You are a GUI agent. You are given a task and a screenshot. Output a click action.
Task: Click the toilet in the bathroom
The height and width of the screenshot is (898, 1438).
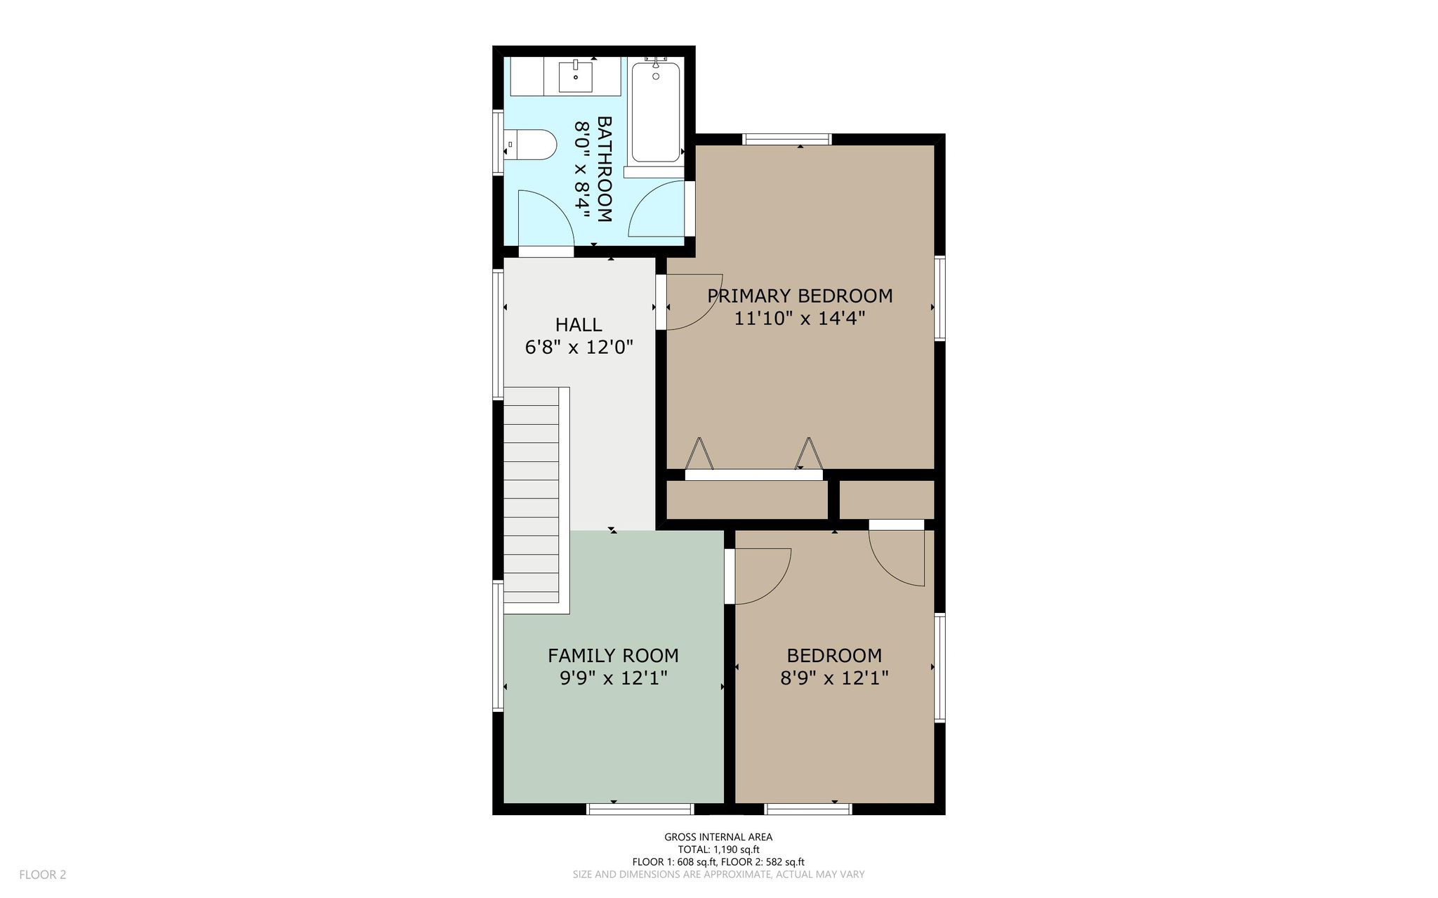(x=531, y=145)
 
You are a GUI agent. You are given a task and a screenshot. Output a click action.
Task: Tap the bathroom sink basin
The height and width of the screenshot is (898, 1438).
(x=576, y=77)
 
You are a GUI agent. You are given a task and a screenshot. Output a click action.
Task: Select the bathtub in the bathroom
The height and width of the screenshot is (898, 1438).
(x=656, y=112)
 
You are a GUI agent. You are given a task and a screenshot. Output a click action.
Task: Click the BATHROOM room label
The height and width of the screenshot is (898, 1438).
(x=604, y=169)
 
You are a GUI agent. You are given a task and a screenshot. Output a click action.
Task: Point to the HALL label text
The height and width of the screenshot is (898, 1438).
(x=579, y=324)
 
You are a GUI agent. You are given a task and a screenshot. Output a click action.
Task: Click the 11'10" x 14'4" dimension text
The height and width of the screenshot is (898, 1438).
(x=799, y=318)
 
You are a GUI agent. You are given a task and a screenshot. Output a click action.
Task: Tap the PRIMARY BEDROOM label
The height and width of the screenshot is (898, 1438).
(x=800, y=296)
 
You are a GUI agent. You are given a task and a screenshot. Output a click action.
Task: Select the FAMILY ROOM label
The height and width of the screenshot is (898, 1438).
(x=613, y=655)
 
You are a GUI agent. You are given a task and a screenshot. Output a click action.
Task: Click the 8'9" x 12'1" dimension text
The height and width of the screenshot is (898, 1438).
(x=834, y=678)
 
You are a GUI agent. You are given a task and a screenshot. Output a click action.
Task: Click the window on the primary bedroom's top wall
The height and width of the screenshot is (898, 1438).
(x=787, y=139)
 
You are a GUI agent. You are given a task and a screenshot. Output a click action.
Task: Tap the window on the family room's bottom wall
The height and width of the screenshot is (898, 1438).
(x=640, y=809)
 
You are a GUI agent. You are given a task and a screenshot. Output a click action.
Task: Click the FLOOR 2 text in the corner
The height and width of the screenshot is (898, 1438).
(x=42, y=875)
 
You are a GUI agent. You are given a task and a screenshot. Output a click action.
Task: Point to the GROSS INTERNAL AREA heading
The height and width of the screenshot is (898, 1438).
(x=718, y=837)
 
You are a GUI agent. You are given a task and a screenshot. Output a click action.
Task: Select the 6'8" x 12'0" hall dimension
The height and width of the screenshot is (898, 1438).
(x=579, y=347)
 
